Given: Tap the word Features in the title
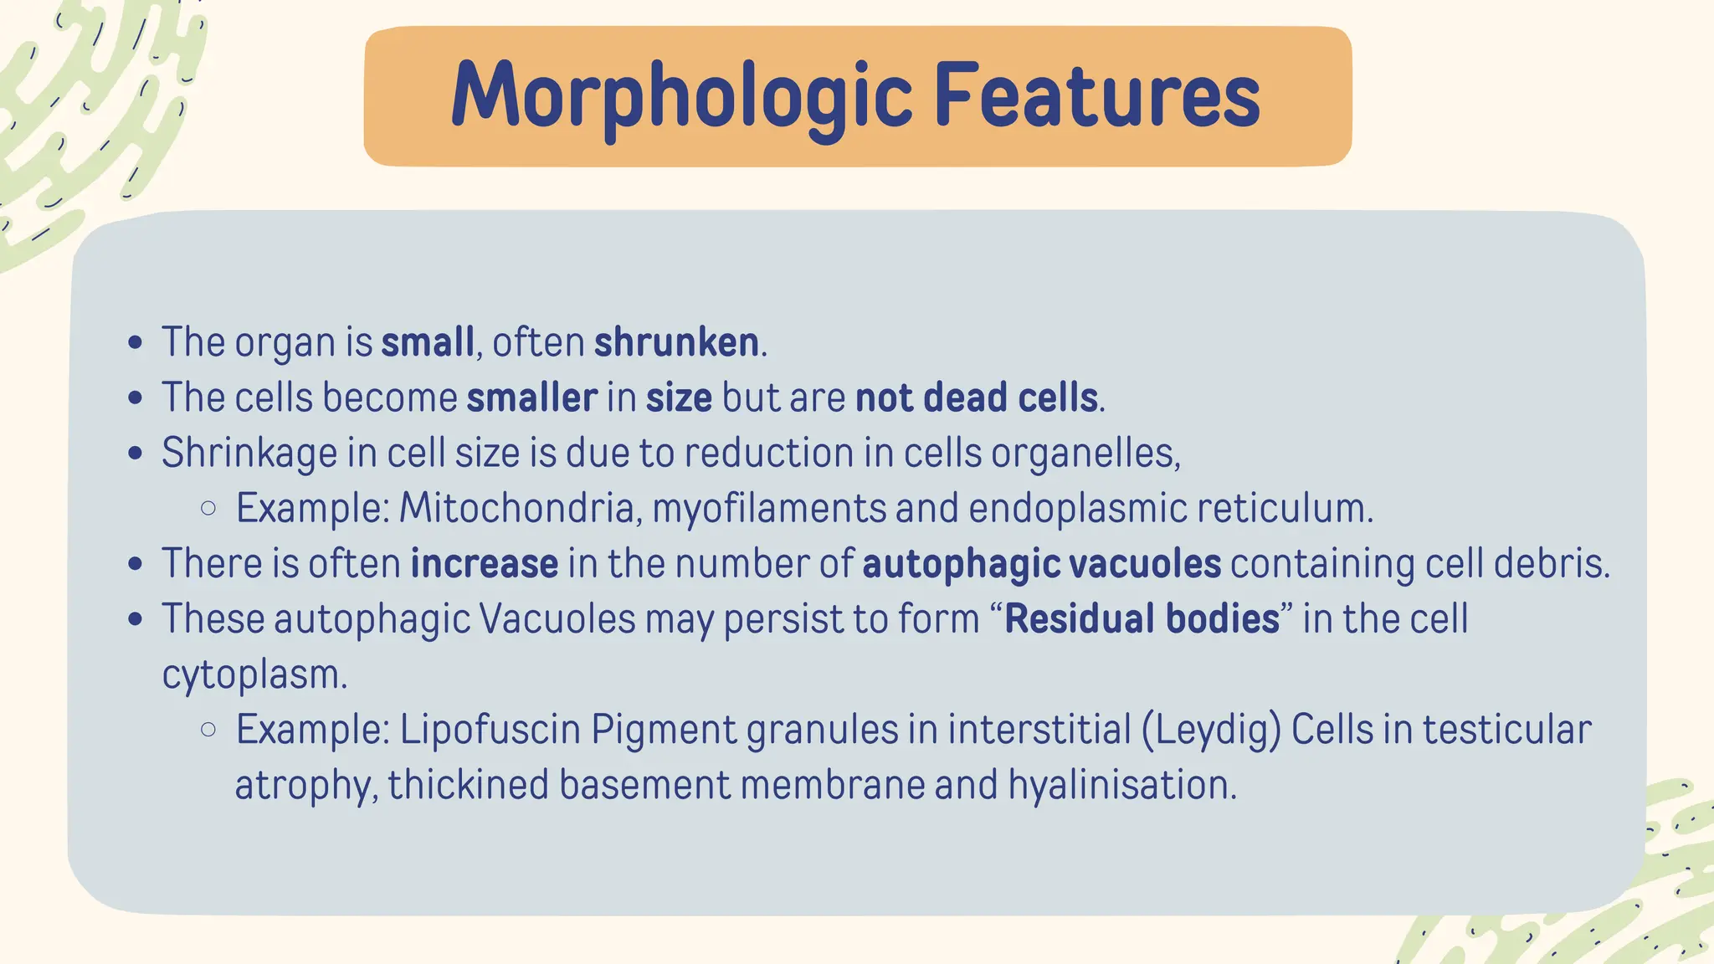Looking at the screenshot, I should click(x=1096, y=97).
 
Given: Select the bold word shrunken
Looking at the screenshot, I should click(x=676, y=342).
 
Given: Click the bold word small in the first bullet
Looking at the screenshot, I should click(x=428, y=342).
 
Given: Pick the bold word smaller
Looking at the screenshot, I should click(x=531, y=397).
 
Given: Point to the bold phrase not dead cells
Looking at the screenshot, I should click(x=976, y=397).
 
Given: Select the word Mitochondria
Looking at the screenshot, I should click(x=516, y=508).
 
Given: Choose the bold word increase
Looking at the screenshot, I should click(x=484, y=564).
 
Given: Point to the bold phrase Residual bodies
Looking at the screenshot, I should click(x=1142, y=619).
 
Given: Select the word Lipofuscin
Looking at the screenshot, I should click(x=490, y=729).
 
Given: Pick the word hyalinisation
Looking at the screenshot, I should click(x=1121, y=785).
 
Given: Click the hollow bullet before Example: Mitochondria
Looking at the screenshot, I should click(x=208, y=508).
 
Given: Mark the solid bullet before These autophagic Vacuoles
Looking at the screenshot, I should click(x=136, y=619).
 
